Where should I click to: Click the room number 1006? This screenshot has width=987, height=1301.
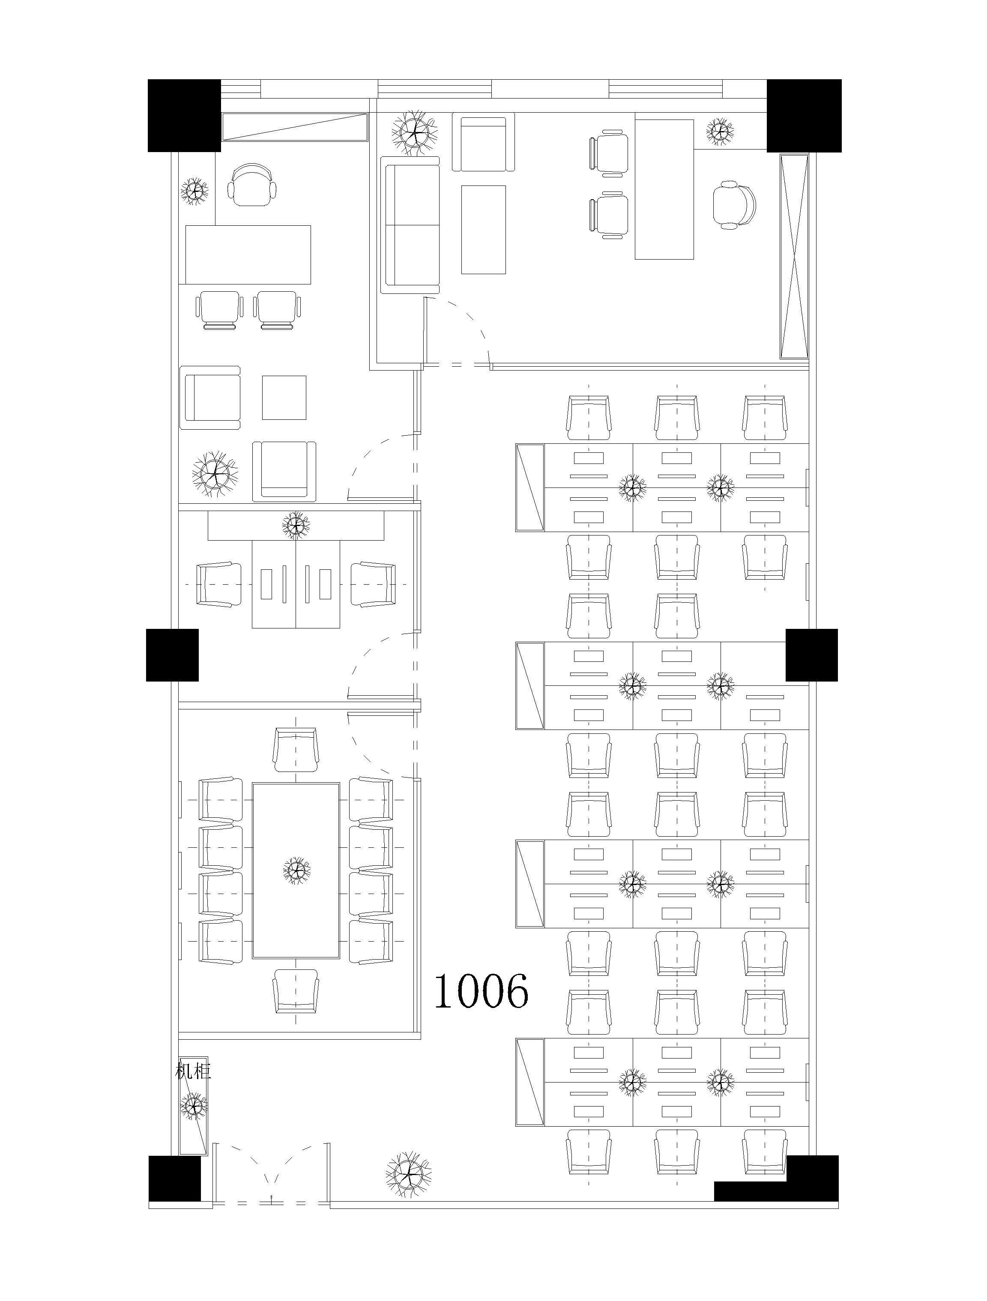point(481,990)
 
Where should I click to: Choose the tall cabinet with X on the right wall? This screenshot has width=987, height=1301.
point(794,256)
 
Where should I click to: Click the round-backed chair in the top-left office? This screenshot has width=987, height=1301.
point(252,185)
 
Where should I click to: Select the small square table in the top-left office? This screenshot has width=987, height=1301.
point(284,398)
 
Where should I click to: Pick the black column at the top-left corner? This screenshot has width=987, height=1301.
point(184,116)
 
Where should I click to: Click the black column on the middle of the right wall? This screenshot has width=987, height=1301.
point(812,655)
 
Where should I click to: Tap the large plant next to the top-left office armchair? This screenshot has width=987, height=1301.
point(215,475)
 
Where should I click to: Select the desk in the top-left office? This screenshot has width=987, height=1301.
point(248,254)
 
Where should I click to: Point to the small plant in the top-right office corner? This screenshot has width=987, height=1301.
point(720,132)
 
